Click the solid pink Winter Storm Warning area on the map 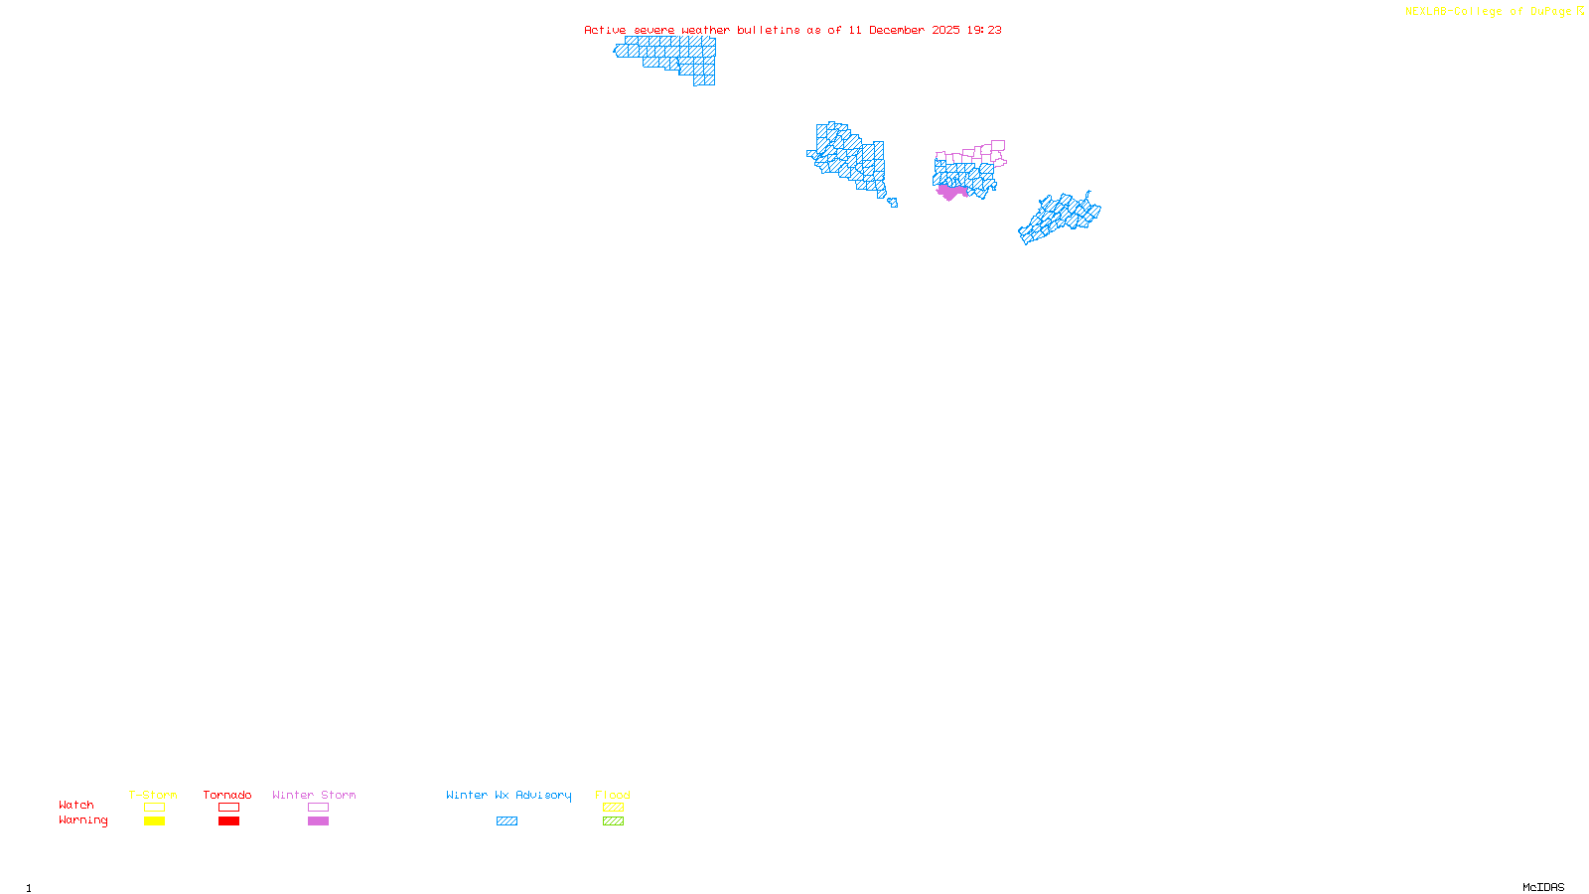pyautogui.click(x=951, y=191)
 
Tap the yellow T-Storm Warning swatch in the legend pyautogui.click(x=154, y=821)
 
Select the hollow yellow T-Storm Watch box pyautogui.click(x=154, y=808)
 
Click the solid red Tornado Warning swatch pyautogui.click(x=228, y=821)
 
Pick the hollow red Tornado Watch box pyautogui.click(x=228, y=808)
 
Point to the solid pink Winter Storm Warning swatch pyautogui.click(x=318, y=821)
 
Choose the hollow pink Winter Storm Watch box pyautogui.click(x=318, y=808)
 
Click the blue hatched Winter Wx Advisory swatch pyautogui.click(x=506, y=821)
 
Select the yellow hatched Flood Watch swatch pyautogui.click(x=613, y=808)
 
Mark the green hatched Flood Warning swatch pyautogui.click(x=613, y=821)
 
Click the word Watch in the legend pyautogui.click(x=76, y=806)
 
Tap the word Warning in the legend pyautogui.click(x=82, y=820)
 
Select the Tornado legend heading pyautogui.click(x=227, y=795)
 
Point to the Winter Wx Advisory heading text pyautogui.click(x=508, y=795)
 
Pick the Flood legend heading pyautogui.click(x=613, y=795)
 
